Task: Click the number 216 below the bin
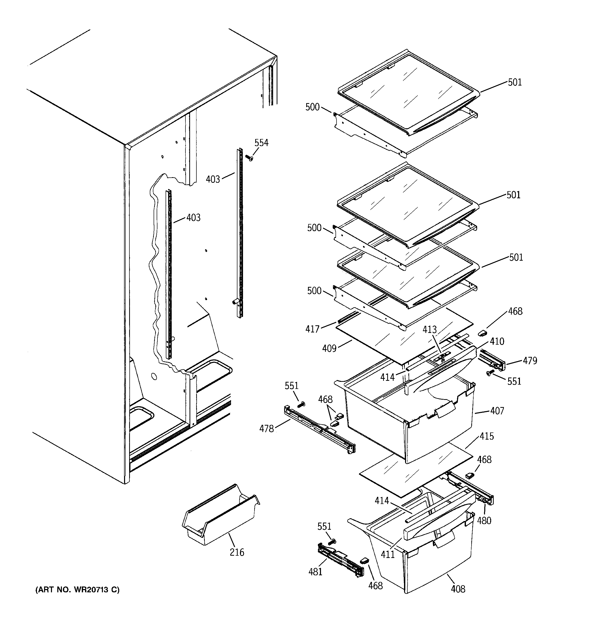[x=237, y=552]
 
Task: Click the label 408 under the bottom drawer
[x=458, y=589]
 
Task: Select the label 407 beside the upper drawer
[x=497, y=411]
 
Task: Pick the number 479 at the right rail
[x=530, y=361]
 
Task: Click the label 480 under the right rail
[x=484, y=520]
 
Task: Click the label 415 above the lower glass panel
[x=487, y=436]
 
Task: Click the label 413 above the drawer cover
[x=429, y=330]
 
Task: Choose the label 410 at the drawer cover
[x=497, y=341]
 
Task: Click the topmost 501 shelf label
[x=515, y=82]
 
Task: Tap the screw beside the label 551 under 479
[x=490, y=373]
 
